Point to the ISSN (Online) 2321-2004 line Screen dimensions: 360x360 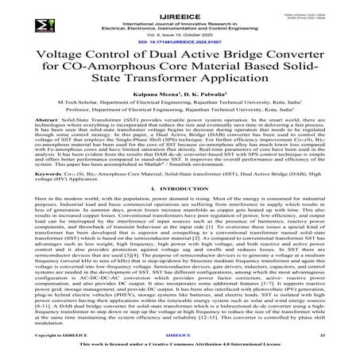pyautogui.click(x=319, y=10)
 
